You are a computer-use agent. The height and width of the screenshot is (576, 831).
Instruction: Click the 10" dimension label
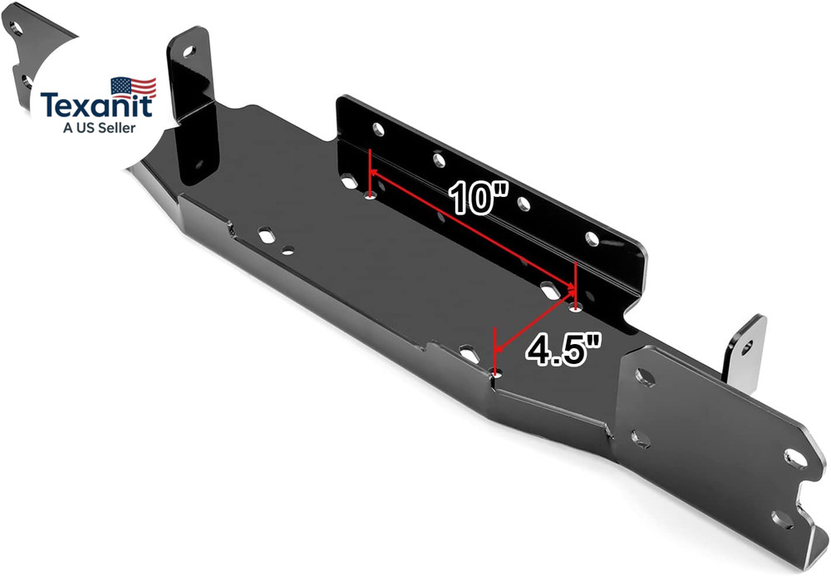[x=479, y=199]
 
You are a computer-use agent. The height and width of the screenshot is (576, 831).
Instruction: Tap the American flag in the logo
[x=133, y=86]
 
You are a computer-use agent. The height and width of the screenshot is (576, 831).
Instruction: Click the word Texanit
[x=96, y=106]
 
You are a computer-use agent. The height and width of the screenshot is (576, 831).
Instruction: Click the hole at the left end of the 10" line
[x=370, y=196]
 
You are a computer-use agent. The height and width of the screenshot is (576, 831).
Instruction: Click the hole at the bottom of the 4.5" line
[x=496, y=376]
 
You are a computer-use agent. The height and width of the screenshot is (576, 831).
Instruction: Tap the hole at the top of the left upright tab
[x=189, y=52]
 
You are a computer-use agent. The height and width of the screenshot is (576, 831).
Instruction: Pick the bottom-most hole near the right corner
[x=780, y=519]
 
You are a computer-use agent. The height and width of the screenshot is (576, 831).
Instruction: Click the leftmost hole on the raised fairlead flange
[x=377, y=129]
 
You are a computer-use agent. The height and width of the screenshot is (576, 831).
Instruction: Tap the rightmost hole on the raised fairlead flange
[x=592, y=239]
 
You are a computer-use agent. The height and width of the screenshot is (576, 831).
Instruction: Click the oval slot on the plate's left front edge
[x=267, y=236]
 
